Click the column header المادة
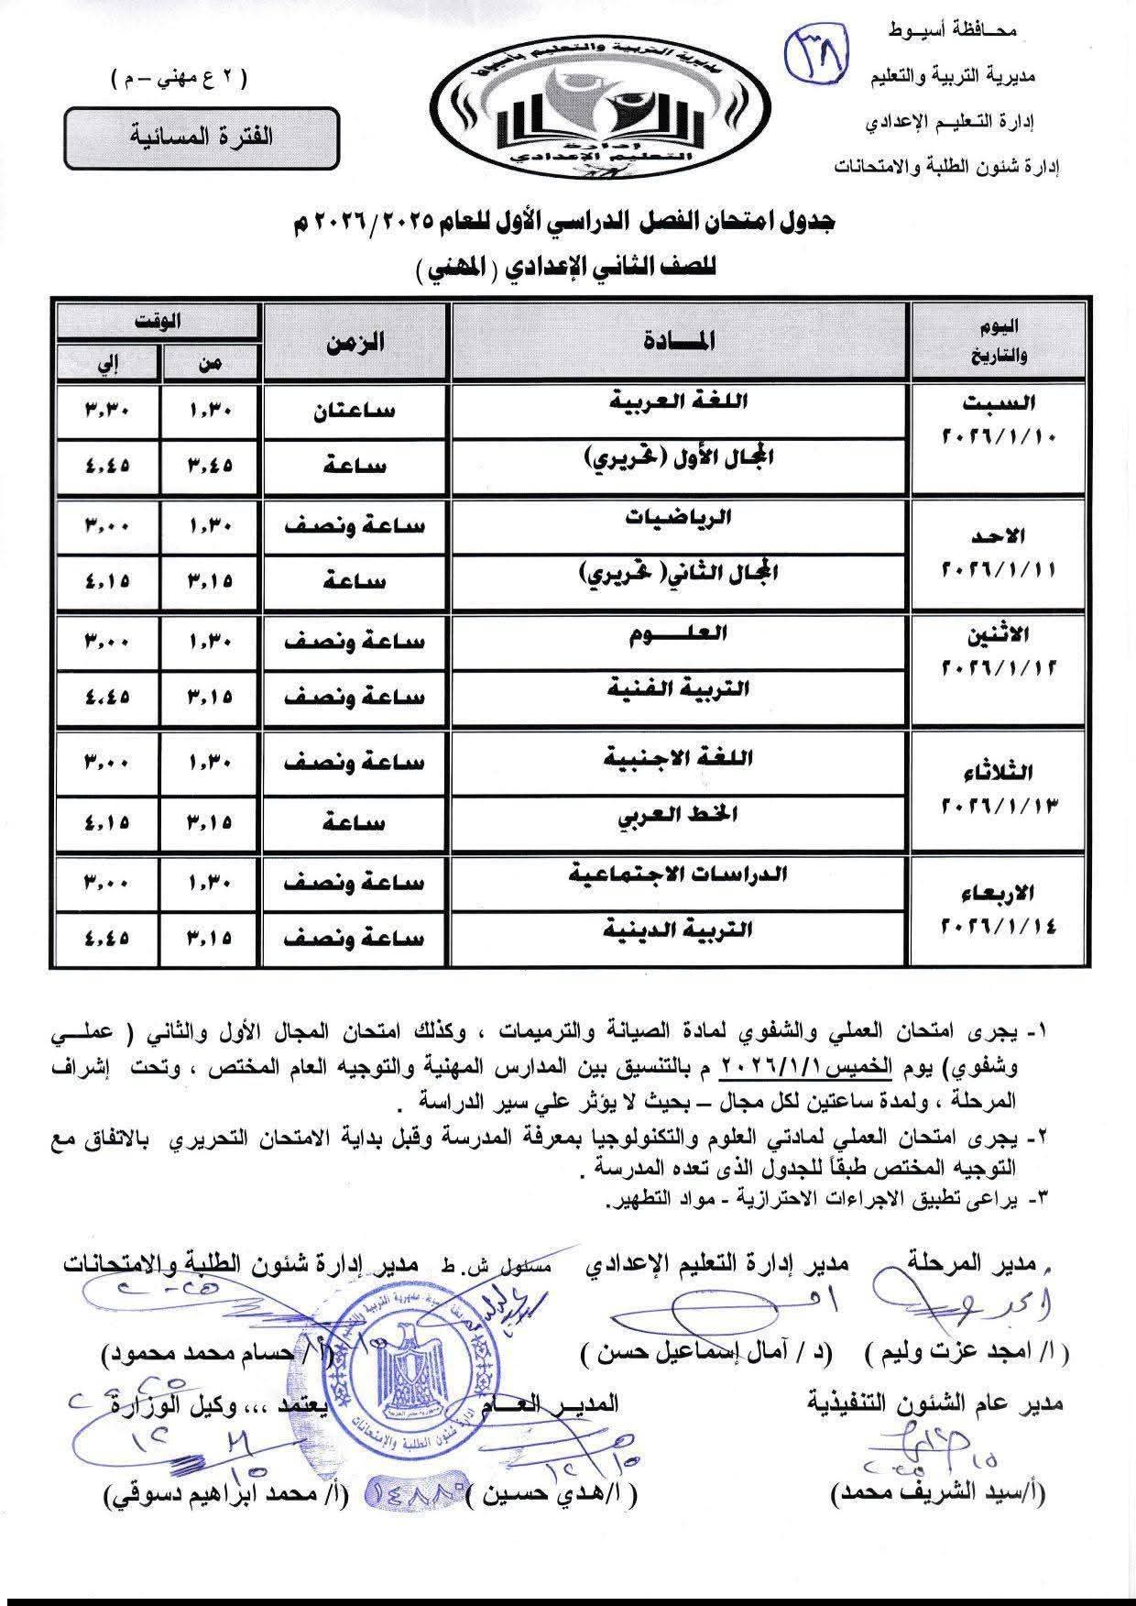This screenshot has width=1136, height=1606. (679, 341)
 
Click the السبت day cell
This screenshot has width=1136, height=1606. (998, 419)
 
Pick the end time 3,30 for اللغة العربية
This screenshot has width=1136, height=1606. (107, 410)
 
